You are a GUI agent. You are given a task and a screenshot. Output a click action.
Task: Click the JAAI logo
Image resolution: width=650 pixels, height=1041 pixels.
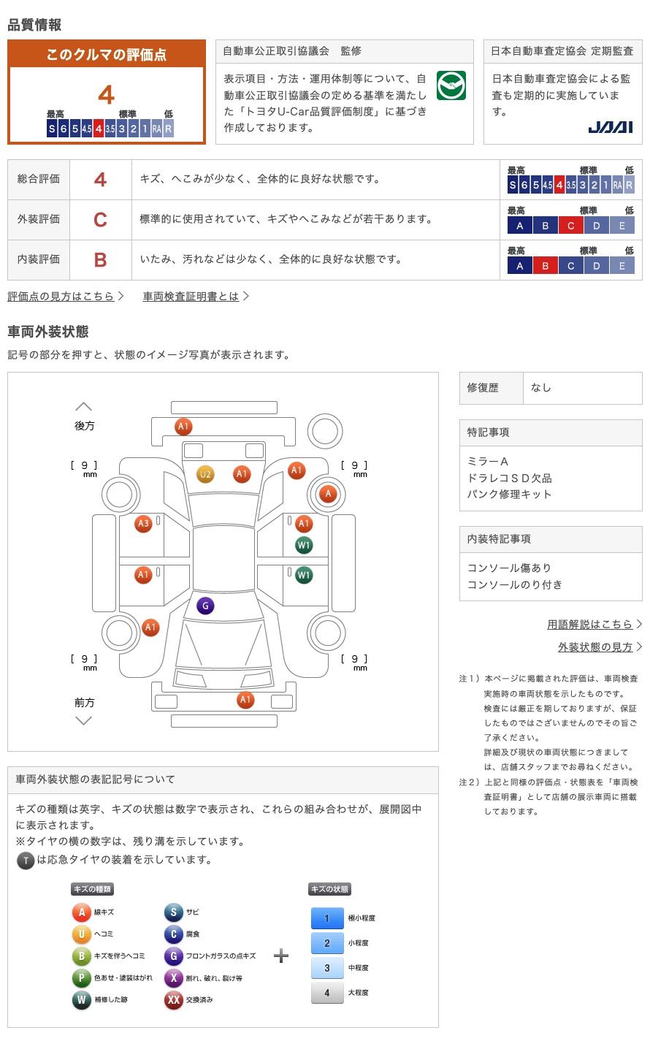click(610, 127)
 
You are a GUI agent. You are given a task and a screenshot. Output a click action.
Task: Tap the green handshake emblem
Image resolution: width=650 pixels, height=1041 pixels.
click(451, 85)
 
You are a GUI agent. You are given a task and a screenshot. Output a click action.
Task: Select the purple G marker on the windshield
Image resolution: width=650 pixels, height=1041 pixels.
click(205, 606)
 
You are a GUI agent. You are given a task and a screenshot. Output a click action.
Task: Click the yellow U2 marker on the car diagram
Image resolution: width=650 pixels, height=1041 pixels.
click(205, 474)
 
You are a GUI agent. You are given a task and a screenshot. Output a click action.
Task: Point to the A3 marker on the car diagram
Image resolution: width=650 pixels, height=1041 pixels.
click(143, 524)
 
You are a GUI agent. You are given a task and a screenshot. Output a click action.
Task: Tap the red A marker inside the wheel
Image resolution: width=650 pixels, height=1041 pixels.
click(328, 494)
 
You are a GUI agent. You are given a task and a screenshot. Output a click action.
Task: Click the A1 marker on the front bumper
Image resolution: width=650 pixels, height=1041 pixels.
click(245, 699)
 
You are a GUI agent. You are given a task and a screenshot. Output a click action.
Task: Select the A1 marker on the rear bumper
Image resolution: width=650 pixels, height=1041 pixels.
click(183, 426)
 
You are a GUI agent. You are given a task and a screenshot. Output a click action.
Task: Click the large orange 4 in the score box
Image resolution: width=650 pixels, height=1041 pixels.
click(107, 95)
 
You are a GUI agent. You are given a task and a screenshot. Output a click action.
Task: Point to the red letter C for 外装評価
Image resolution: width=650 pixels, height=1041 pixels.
click(100, 220)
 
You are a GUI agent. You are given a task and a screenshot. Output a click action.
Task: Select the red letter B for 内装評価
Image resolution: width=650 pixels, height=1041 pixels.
click(100, 260)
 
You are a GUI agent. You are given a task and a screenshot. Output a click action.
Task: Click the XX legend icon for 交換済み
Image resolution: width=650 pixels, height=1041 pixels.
click(173, 999)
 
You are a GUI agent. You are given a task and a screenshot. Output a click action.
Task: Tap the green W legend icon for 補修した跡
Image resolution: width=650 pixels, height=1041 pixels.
click(81, 999)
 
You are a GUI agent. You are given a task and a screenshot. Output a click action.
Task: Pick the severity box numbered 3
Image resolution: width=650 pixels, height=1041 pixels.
click(327, 967)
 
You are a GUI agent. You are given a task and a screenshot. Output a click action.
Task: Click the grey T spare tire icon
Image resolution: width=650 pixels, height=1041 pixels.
click(26, 861)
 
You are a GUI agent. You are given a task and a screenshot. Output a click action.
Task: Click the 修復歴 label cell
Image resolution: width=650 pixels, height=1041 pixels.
click(491, 388)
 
